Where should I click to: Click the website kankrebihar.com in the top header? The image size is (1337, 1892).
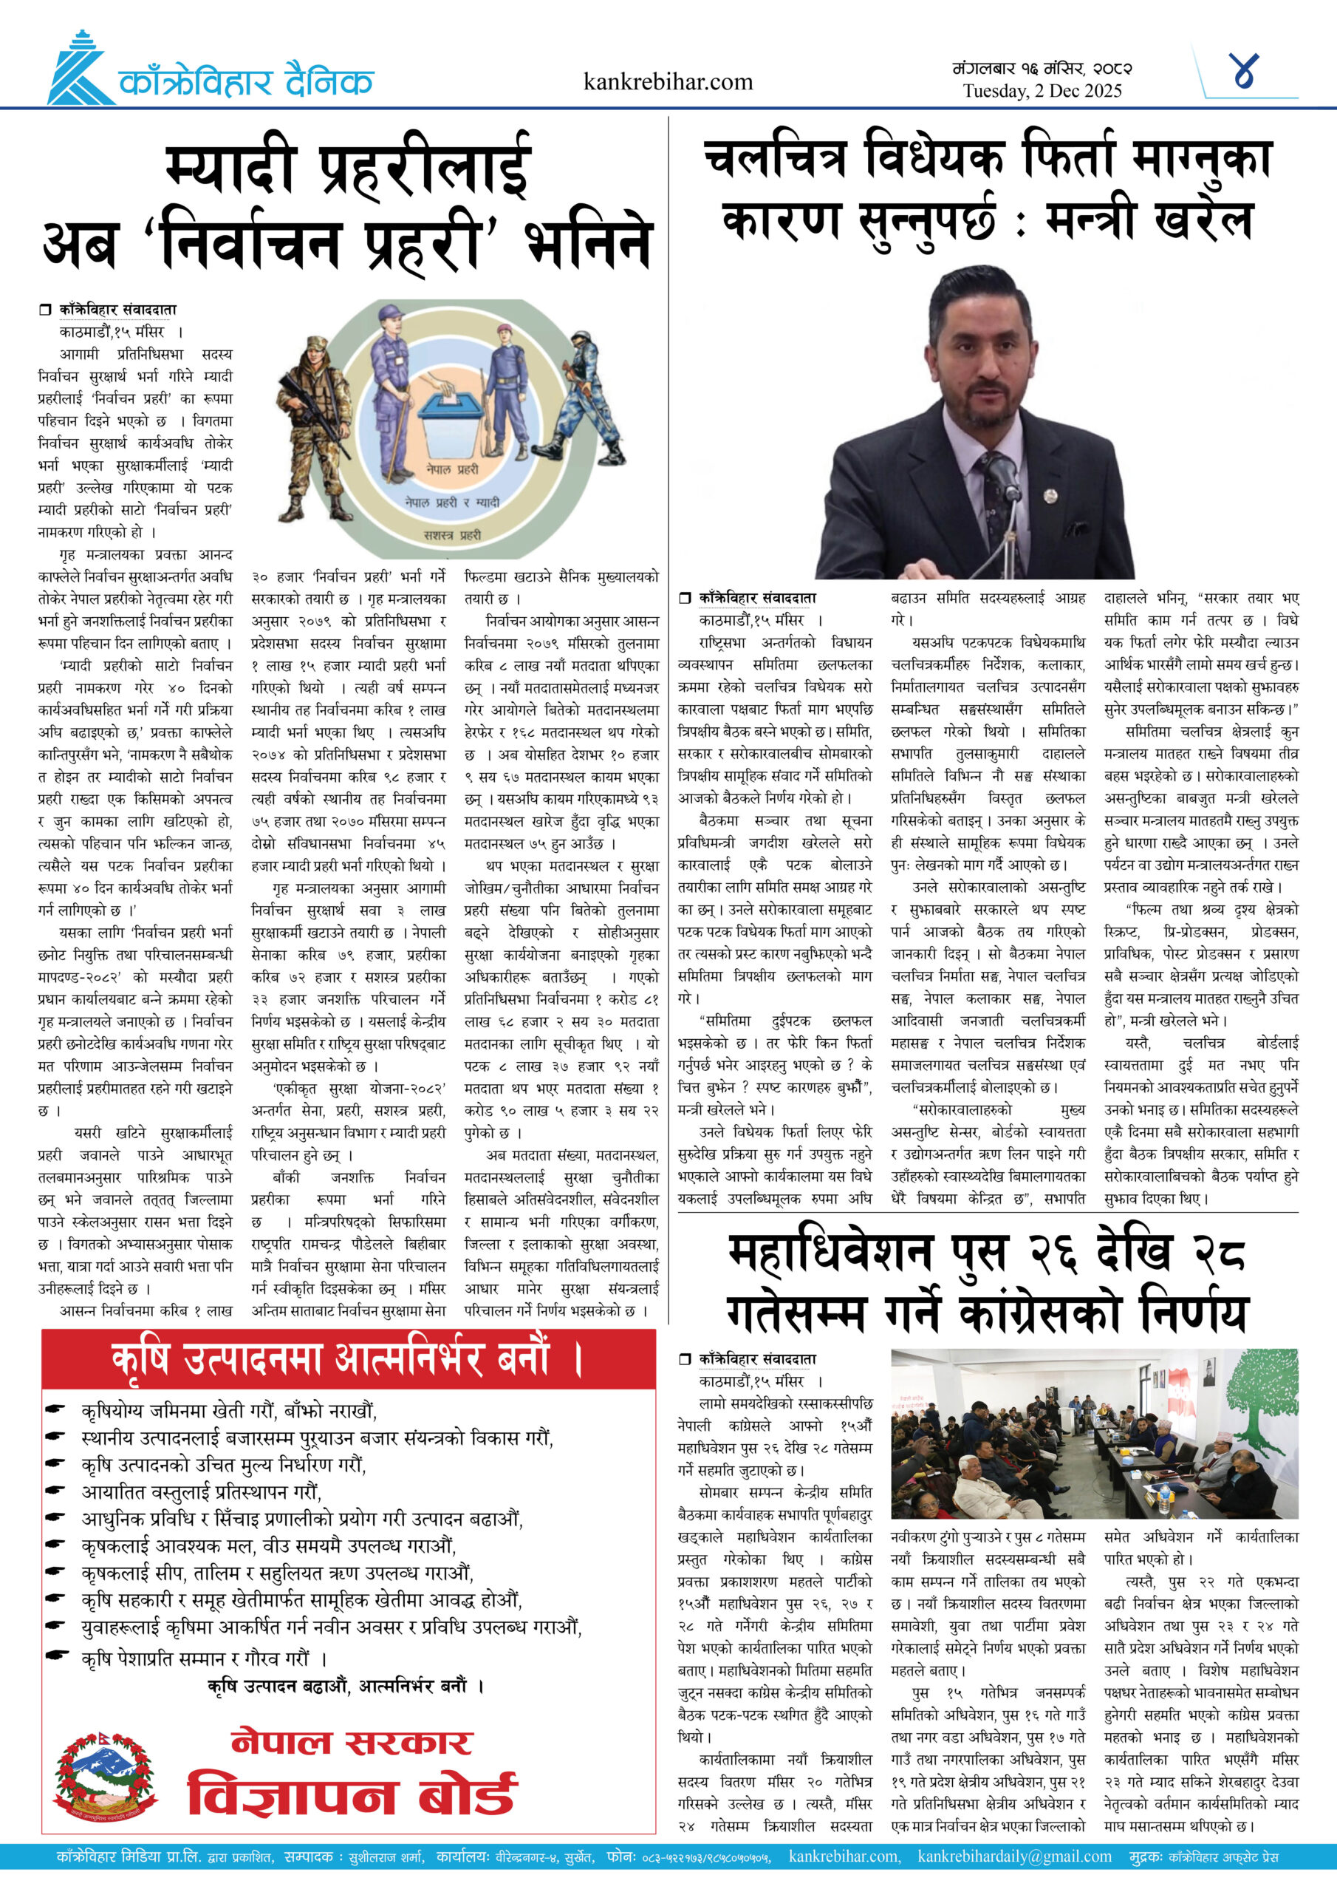tap(667, 81)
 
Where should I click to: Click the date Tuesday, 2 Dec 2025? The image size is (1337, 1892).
tap(1042, 91)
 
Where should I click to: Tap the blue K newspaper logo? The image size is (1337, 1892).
tap(79, 70)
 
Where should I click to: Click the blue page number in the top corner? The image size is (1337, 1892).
tap(1244, 71)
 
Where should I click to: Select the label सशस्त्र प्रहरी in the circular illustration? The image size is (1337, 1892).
tap(452, 535)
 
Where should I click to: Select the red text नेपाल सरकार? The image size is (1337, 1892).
tap(352, 1742)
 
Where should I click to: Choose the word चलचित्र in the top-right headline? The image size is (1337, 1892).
tap(774, 158)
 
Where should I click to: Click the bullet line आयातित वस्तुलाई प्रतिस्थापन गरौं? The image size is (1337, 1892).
tap(201, 1492)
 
